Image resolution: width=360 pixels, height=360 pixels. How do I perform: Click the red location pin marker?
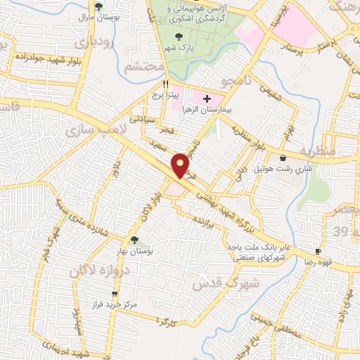181,165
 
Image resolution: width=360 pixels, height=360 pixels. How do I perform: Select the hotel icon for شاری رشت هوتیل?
283,158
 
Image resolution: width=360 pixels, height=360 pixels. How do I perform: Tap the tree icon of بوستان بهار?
134,240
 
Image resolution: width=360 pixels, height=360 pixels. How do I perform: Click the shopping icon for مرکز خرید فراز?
115,295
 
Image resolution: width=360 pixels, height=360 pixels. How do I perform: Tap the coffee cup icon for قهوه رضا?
318,251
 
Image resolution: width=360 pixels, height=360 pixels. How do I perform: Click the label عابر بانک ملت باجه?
257,247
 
